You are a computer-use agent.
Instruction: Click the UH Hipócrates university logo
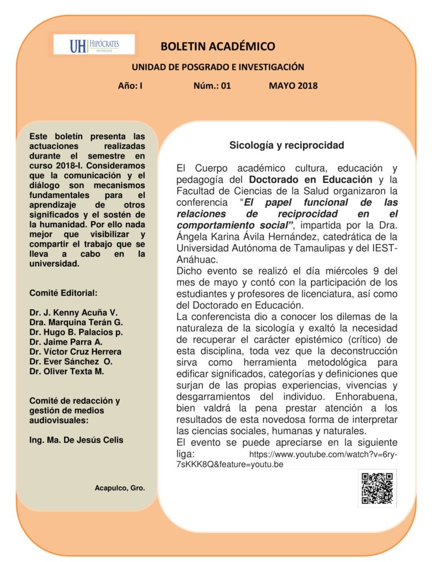94,44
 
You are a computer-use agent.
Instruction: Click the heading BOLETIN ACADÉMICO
218,46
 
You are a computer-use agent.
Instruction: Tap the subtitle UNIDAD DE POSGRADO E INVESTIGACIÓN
217,67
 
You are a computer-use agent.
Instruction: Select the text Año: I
130,86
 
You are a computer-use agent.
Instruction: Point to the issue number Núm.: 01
212,86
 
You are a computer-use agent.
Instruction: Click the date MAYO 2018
293,86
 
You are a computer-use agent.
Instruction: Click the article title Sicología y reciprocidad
286,145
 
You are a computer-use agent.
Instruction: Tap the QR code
377,488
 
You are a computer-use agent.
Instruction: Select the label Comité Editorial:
64,293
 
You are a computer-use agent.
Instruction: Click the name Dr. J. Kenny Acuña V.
74,312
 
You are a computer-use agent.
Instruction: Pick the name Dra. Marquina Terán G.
76,322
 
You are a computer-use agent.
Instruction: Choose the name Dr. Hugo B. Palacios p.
76,332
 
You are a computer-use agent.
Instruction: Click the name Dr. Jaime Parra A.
66,342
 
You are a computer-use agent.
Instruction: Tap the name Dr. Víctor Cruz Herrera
76,352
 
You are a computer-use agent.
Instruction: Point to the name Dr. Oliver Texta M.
67,372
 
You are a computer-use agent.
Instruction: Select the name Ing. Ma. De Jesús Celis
76,440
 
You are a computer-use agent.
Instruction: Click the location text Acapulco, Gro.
120,487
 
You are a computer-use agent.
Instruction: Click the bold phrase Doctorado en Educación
311,179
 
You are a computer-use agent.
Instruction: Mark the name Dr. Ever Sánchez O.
71,362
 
